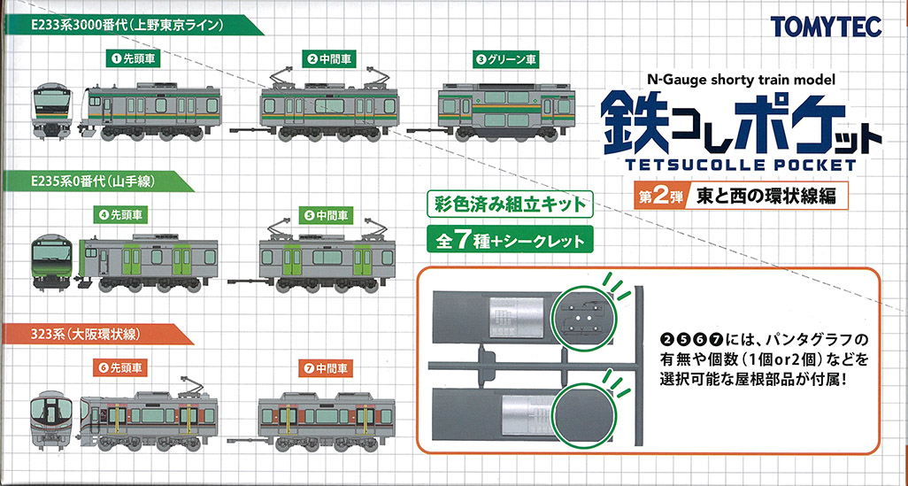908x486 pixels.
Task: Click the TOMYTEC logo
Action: (826, 26)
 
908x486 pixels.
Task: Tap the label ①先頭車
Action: (133, 58)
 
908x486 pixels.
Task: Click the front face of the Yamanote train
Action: (52, 261)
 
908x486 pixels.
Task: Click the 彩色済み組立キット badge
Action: (510, 205)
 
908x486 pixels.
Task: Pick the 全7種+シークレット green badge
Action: (510, 240)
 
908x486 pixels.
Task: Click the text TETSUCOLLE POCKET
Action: (741, 165)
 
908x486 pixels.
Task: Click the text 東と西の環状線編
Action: (761, 197)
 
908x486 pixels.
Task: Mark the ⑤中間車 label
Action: (327, 216)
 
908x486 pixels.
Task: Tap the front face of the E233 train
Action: (52, 110)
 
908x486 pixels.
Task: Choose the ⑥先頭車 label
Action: (121, 366)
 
